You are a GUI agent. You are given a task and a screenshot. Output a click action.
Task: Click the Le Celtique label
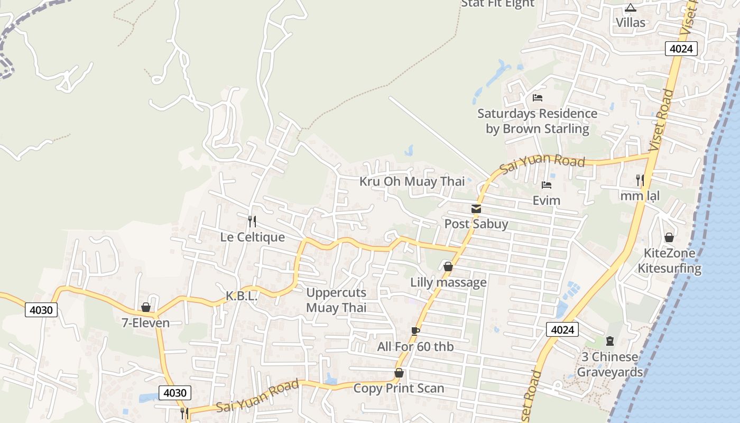(252, 237)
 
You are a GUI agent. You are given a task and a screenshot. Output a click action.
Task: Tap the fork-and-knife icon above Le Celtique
(252, 221)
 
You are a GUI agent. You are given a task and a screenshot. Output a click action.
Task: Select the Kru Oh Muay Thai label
(412, 181)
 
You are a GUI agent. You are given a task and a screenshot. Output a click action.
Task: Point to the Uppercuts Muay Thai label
(336, 300)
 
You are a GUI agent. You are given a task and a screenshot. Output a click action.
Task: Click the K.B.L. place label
(242, 297)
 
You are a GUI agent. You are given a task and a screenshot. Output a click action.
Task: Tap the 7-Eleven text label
(146, 323)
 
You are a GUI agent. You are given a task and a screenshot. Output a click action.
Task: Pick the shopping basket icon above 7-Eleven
(146, 307)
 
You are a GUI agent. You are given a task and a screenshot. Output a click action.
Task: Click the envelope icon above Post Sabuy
(476, 208)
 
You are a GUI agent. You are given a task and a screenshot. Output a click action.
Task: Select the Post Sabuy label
(476, 224)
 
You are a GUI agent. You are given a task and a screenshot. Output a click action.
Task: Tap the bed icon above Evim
(547, 185)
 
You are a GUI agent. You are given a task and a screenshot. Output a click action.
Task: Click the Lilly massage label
(448, 282)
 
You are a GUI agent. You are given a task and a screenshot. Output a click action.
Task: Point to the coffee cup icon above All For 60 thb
(415, 331)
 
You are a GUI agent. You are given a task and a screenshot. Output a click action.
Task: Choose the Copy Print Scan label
(399, 388)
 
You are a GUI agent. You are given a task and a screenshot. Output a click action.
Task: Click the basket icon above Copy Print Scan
(399, 373)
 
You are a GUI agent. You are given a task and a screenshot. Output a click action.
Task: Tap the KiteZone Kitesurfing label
(669, 261)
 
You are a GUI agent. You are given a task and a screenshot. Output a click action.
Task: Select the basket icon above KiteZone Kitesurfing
(669, 237)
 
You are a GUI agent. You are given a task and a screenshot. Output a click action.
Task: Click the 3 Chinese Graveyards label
(609, 364)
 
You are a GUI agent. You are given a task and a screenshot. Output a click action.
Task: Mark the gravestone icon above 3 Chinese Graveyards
(610, 341)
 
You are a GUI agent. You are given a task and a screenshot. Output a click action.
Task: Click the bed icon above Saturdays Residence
(538, 98)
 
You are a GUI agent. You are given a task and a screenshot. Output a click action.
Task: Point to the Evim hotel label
(547, 200)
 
